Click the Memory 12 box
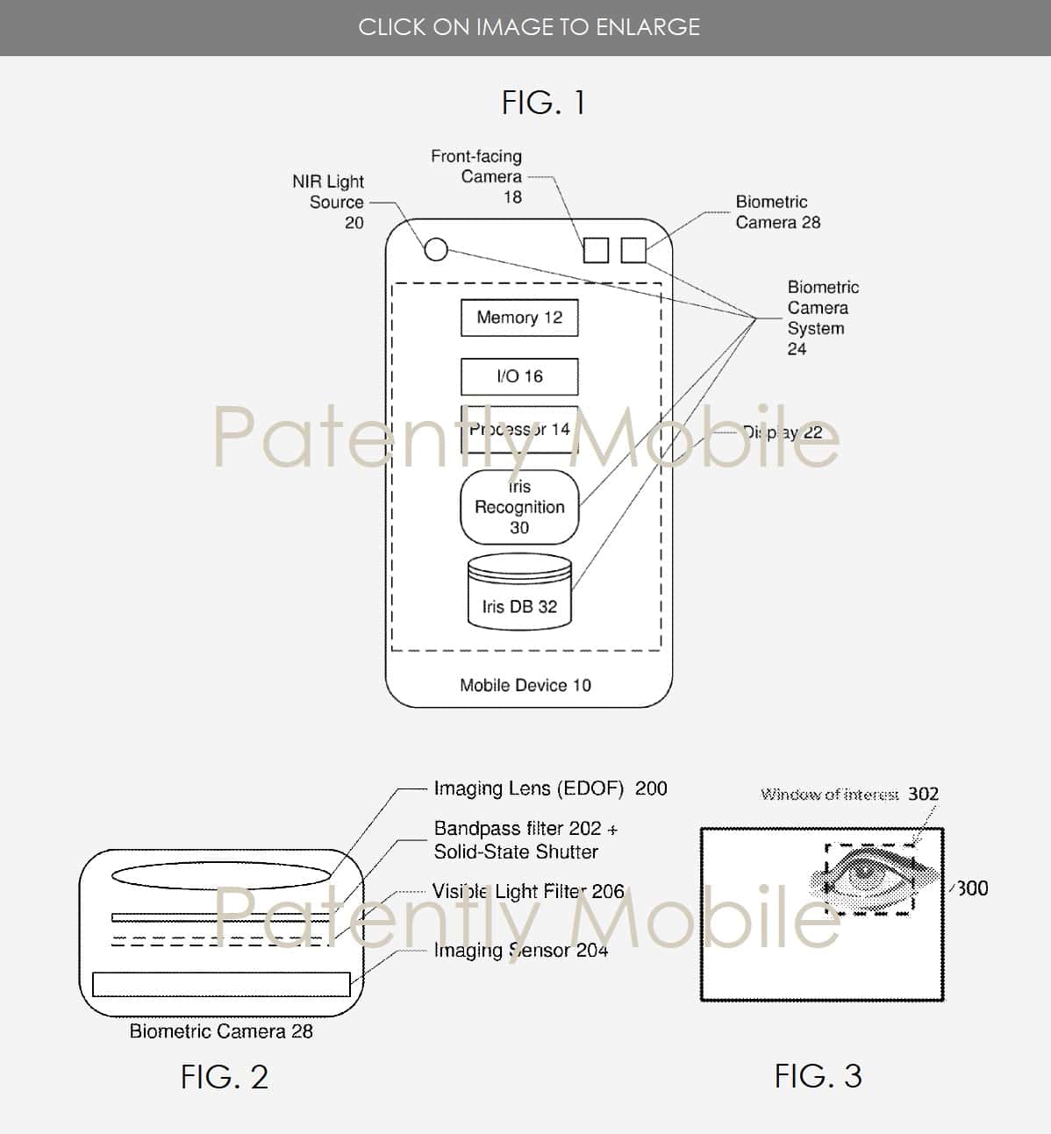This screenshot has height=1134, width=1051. (x=519, y=317)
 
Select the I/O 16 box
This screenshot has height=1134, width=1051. (x=519, y=376)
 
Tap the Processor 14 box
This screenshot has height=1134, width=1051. (x=519, y=429)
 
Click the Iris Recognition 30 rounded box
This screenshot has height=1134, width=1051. (x=519, y=507)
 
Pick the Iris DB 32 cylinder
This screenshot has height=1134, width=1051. (x=519, y=592)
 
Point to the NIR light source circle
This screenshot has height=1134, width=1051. (x=435, y=249)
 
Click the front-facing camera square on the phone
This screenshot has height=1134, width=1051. (x=596, y=250)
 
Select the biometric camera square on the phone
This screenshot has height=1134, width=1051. (x=633, y=250)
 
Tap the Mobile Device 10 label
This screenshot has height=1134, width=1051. (x=525, y=685)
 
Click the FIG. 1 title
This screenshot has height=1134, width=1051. (x=543, y=103)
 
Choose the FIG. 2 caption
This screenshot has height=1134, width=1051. (x=225, y=1077)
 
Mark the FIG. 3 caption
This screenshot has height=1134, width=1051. (x=818, y=1075)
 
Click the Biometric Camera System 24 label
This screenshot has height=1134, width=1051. (x=821, y=317)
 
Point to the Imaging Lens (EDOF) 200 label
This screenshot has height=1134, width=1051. (x=550, y=788)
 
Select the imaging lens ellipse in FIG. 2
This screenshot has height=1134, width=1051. (x=222, y=876)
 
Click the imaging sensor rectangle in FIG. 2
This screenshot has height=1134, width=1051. (x=221, y=984)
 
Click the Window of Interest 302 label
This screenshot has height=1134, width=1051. (x=848, y=794)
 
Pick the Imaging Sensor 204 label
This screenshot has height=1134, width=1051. (x=520, y=950)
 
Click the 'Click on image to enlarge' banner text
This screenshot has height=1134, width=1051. (x=529, y=27)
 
